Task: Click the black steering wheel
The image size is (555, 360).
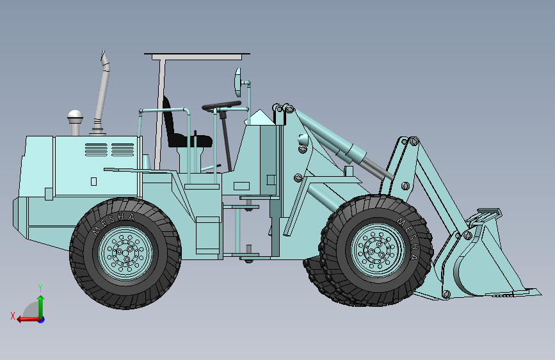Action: [222, 105]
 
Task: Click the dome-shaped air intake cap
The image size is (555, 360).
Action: [76, 117]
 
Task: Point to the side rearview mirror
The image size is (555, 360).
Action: [238, 83]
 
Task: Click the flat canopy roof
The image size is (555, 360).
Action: [197, 56]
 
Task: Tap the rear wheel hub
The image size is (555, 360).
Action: [125, 253]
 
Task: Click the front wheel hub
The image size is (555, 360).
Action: [378, 250]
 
